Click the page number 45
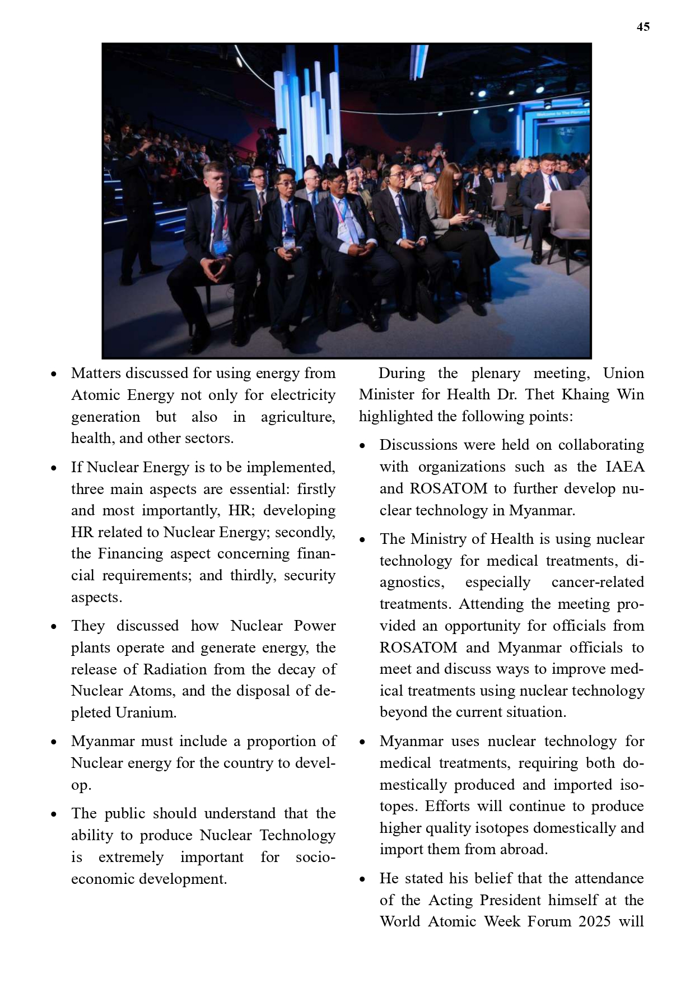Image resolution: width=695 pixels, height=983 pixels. (643, 27)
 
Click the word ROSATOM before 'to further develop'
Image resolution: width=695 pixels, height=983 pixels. (448, 488)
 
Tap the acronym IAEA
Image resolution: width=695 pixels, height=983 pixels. (625, 467)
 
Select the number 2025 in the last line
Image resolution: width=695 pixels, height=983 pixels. (591, 921)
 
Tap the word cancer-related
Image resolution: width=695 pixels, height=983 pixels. (597, 582)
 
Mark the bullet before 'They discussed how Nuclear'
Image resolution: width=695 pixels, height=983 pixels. (54, 627)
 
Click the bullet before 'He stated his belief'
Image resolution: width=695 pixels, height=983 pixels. (362, 879)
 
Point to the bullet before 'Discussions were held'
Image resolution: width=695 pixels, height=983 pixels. (362, 446)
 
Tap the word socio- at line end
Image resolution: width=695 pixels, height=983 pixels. (315, 857)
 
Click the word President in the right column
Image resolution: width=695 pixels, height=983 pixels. (511, 900)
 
